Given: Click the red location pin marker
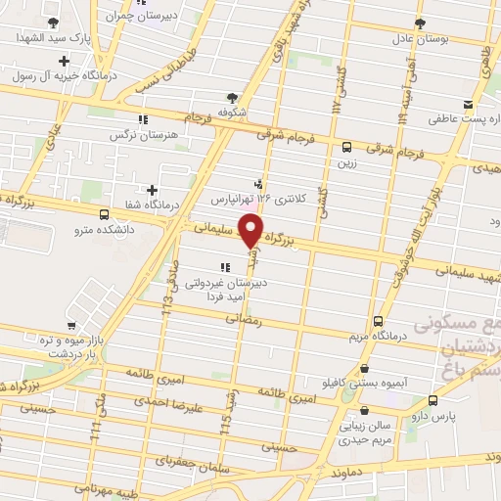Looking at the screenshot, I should coord(251,231).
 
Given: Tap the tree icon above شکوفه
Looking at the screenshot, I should coord(232,97).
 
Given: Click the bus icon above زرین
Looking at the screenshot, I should coord(347,147).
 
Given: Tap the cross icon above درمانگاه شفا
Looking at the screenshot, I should coord(151,190).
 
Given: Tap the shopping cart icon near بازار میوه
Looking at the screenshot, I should coord(72,327).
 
